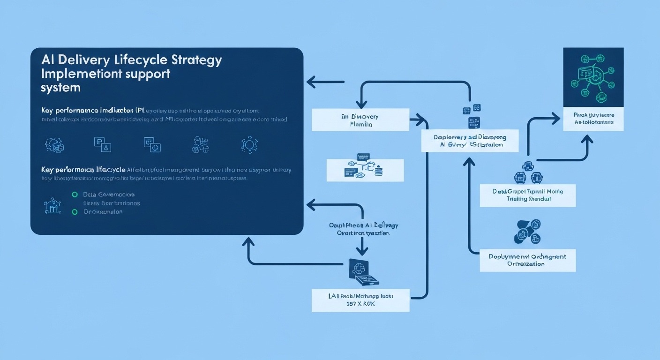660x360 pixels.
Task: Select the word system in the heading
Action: pyautogui.click(x=60, y=88)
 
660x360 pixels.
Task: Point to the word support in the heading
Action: pyautogui.click(x=146, y=74)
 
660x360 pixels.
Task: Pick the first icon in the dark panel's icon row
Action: pyautogui.click(x=54, y=144)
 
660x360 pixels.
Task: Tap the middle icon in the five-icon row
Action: pyautogui.click(x=152, y=144)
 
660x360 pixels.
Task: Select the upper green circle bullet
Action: pyautogui.click(x=74, y=194)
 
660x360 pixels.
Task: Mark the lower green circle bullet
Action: pyautogui.click(x=74, y=212)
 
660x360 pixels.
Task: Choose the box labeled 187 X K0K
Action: pyautogui.click(x=360, y=300)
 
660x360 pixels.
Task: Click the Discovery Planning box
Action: pyautogui.click(x=360, y=120)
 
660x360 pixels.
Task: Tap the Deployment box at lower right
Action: pyautogui.click(x=527, y=260)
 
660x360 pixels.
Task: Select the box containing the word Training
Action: pyautogui.click(x=527, y=195)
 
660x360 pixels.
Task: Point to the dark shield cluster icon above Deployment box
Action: pyautogui.click(x=527, y=232)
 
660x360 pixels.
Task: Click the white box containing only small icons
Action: pyautogui.click(x=365, y=170)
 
